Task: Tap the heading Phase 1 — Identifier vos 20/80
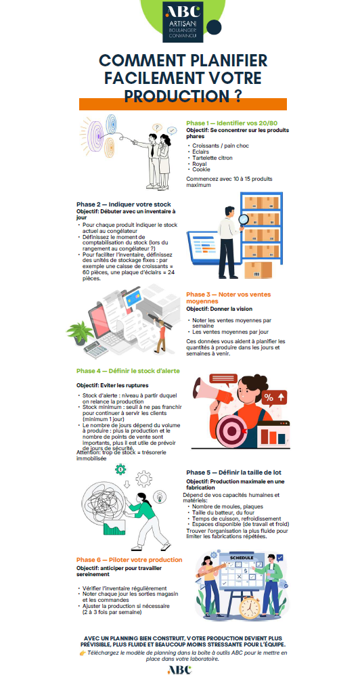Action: click(x=231, y=123)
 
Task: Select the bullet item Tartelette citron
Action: click(x=212, y=158)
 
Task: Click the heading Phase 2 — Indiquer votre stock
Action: click(x=124, y=204)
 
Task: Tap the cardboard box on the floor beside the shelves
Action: click(x=258, y=270)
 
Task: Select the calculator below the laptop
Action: click(x=95, y=349)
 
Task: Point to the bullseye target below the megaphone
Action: click(x=231, y=431)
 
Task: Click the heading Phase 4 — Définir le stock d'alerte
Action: click(x=128, y=371)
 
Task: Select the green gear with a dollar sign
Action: click(x=120, y=469)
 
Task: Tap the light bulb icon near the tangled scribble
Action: click(x=160, y=496)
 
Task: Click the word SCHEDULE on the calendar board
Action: click(x=242, y=557)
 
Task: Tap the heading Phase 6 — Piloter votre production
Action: click(x=129, y=560)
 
